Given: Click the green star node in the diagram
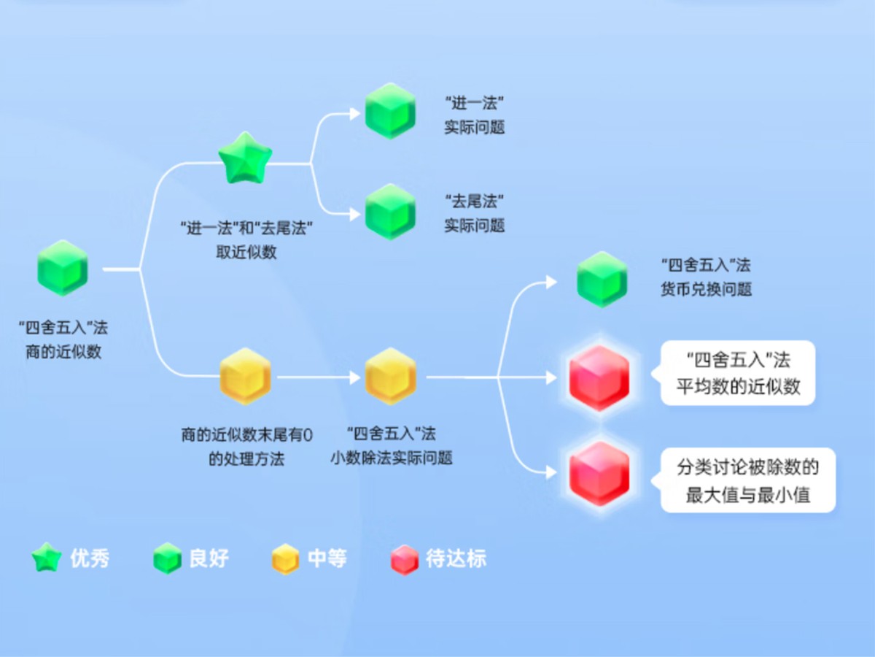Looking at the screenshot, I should click(245, 158).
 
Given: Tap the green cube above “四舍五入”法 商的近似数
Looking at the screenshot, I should click(63, 267).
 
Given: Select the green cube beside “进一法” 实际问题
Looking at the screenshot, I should click(390, 111).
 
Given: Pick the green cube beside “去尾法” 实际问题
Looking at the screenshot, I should click(390, 212).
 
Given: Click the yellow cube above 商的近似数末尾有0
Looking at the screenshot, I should click(245, 376).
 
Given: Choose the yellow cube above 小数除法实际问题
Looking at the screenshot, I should click(390, 376).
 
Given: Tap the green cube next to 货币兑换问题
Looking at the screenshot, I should click(602, 279).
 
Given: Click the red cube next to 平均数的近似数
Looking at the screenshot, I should click(599, 378).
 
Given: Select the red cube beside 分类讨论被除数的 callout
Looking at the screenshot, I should click(599, 474).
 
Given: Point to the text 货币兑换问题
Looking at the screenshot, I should click(705, 290).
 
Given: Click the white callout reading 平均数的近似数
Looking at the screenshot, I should click(737, 373).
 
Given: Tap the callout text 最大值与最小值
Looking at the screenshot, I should click(748, 495).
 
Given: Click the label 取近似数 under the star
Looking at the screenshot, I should click(246, 253).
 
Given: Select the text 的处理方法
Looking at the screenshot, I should click(246, 459).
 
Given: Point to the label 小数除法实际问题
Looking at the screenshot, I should click(391, 458).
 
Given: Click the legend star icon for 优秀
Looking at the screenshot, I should click(46, 559).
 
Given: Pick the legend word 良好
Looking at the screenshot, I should click(209, 559).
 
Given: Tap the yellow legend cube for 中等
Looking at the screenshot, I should click(284, 560).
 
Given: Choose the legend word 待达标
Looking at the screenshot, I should click(456, 559).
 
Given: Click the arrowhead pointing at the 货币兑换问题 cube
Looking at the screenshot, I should click(552, 282).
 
